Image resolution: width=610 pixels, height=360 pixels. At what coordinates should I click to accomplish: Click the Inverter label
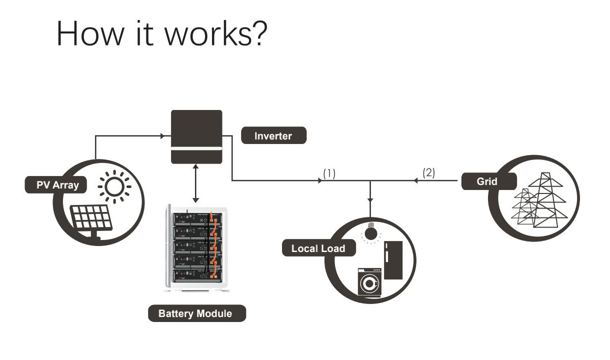(x=273, y=135)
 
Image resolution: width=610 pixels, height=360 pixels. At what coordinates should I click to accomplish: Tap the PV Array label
(x=55, y=185)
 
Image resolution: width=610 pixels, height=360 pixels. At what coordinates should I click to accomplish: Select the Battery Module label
(x=195, y=313)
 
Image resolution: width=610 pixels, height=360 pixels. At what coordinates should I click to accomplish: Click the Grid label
(x=487, y=181)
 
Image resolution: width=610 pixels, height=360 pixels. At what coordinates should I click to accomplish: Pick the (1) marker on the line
(x=329, y=173)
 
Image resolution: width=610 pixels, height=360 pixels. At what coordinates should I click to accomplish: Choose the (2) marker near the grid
(x=429, y=173)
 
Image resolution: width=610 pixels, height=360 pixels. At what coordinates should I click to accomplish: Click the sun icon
(x=114, y=187)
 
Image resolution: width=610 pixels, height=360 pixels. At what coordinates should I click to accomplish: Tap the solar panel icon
(x=91, y=220)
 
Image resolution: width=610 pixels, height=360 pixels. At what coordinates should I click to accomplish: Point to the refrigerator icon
(x=393, y=261)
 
